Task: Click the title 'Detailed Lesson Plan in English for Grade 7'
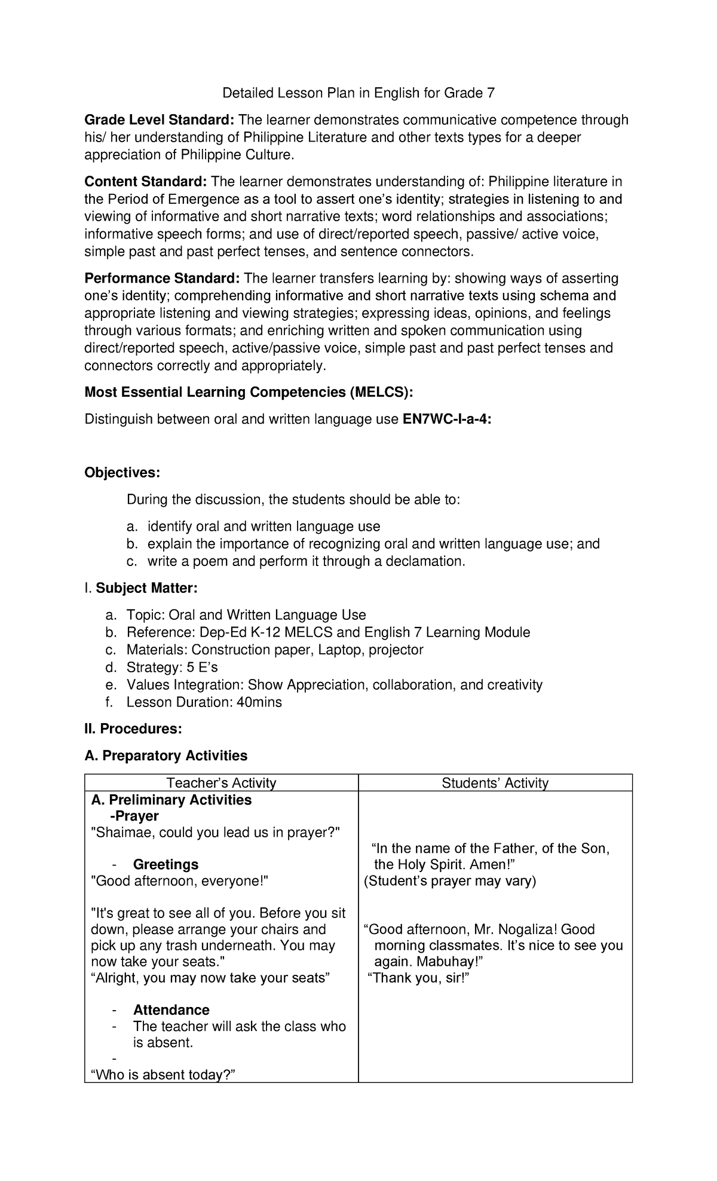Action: (358, 93)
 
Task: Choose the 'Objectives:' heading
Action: (122, 473)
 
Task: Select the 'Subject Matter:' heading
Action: (146, 588)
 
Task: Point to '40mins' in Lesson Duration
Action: (259, 702)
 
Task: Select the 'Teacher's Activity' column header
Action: (221, 783)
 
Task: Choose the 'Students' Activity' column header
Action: (495, 783)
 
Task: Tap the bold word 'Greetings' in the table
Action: (166, 865)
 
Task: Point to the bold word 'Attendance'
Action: (171, 1010)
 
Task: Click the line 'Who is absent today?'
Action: (163, 1075)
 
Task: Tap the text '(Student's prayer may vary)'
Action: (450, 881)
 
